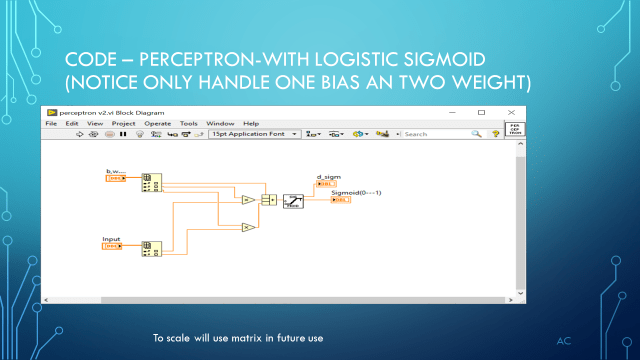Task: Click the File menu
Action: pos(50,123)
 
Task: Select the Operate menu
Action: pos(157,123)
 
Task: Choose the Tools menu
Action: pos(188,123)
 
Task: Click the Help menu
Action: pos(251,123)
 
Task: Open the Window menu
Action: pos(221,123)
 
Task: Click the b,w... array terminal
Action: pos(115,179)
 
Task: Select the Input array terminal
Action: pos(113,246)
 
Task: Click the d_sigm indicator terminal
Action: pos(326,183)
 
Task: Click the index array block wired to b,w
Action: pos(152,181)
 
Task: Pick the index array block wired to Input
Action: pos(152,248)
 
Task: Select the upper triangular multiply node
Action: pos(247,200)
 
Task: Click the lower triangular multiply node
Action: pos(247,228)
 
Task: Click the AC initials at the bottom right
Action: pos(563,341)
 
